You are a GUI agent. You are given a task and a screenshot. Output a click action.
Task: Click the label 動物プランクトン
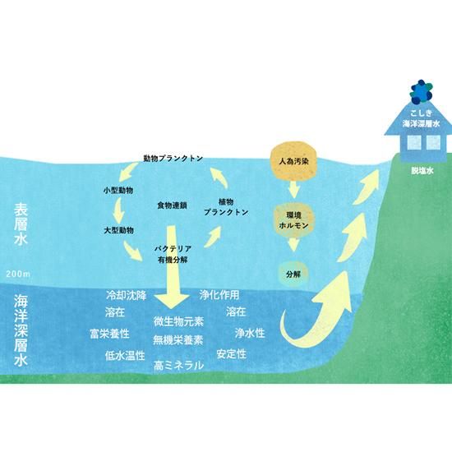[173, 159]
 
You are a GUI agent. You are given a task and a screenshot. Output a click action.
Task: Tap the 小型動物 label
[118, 191]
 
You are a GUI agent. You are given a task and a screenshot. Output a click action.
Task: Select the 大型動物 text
[119, 231]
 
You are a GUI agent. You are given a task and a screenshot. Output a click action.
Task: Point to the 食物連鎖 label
[172, 205]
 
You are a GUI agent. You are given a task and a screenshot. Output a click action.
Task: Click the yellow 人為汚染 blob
[293, 161]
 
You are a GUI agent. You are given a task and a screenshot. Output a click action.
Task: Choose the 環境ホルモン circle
[293, 220]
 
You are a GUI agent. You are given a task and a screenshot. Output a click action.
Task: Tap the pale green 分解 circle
[293, 274]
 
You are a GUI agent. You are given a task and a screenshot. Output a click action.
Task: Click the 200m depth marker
[18, 274]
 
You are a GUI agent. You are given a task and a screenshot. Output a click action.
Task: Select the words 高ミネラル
[178, 366]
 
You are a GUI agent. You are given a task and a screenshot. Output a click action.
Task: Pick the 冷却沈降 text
[127, 295]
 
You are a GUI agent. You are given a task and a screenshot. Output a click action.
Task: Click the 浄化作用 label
[219, 294]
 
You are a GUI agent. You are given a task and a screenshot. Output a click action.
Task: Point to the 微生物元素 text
[178, 321]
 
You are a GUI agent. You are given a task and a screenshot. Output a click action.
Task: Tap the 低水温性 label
[125, 356]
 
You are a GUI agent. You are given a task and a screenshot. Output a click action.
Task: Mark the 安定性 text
[232, 354]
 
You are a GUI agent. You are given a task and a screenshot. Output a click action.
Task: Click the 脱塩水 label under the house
[422, 171]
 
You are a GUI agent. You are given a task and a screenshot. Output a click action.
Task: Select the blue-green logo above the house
[422, 92]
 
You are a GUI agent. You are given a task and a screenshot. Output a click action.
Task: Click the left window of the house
[414, 143]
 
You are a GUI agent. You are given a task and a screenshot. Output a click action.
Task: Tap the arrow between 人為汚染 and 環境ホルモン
[293, 189]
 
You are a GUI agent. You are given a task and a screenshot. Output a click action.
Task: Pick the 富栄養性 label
[109, 334]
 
